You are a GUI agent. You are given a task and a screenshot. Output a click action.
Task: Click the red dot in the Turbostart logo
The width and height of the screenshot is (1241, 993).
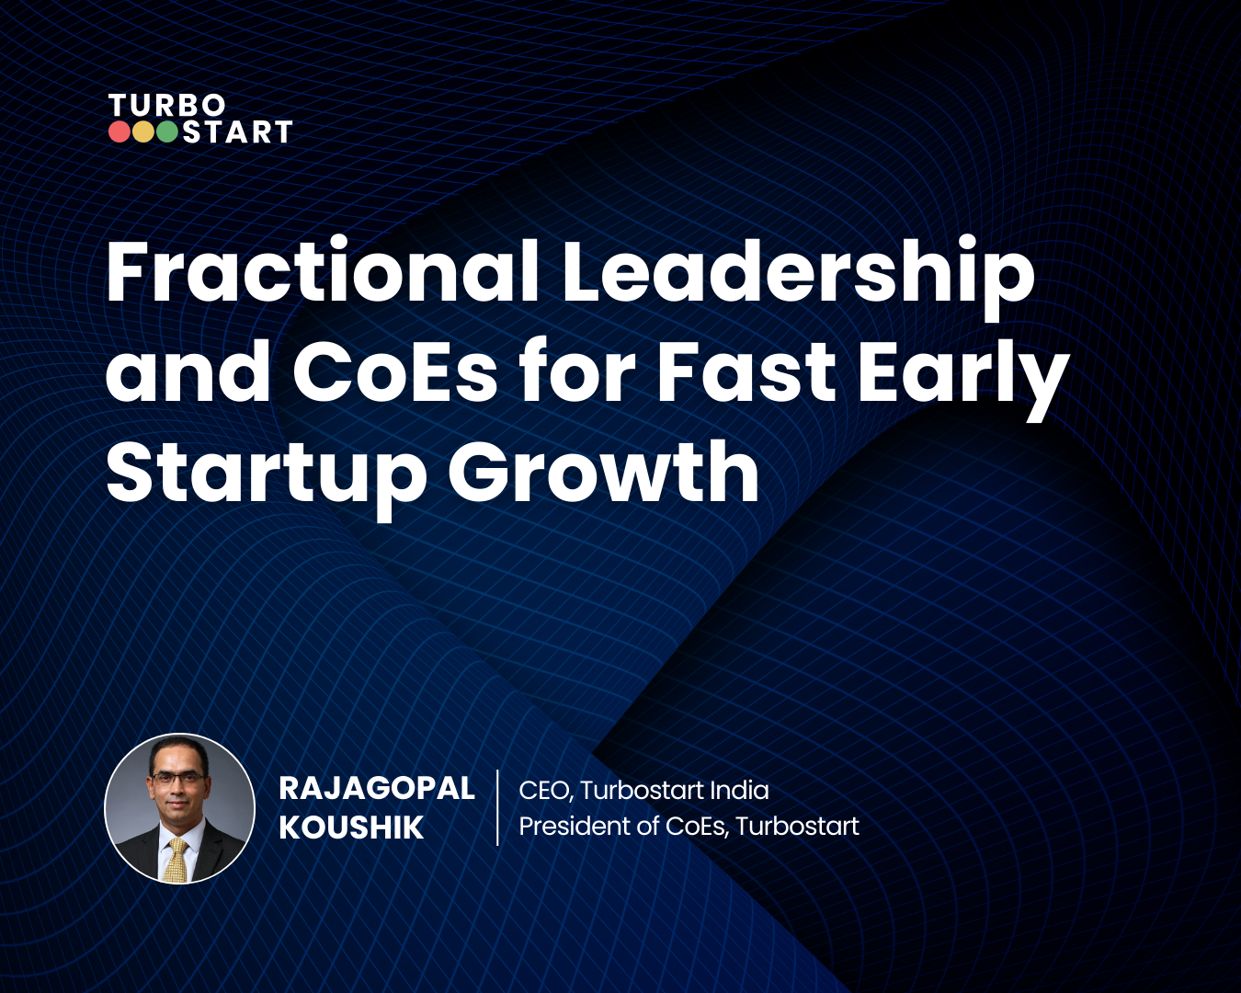point(120,132)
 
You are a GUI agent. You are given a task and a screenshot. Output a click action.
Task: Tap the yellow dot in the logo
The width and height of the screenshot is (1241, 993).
point(143,132)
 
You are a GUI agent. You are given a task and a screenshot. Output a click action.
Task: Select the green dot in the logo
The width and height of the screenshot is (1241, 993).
point(167,132)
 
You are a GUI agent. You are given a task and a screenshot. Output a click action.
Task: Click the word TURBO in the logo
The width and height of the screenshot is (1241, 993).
point(166,106)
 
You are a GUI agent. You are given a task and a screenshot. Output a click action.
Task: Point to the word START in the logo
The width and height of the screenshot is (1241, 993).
point(237,133)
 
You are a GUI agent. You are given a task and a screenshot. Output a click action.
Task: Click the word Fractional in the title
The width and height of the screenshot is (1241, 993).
point(322,272)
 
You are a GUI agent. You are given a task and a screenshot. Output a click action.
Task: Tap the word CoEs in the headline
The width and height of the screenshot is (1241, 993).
point(394,372)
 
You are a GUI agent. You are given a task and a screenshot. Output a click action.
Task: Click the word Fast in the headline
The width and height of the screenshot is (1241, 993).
point(746,372)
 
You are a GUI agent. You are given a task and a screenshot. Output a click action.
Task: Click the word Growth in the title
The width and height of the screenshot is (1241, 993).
point(603,473)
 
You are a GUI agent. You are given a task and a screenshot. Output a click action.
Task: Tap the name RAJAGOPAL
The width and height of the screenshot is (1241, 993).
point(376,788)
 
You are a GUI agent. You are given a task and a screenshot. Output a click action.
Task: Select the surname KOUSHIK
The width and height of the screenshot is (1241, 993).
point(351,827)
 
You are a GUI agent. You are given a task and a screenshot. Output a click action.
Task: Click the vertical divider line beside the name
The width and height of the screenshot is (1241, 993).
point(497,807)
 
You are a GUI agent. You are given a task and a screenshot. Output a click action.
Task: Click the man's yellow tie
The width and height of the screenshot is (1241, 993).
point(176,860)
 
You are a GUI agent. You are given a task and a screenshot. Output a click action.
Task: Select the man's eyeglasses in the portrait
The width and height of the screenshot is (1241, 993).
point(178,778)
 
